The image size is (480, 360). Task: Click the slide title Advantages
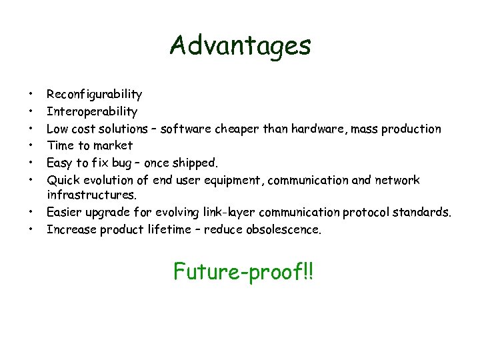click(x=240, y=45)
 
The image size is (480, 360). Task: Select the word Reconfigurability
click(x=94, y=95)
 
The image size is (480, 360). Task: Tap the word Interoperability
click(x=92, y=111)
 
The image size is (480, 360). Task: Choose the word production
click(x=411, y=129)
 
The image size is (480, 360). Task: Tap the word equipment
click(x=236, y=180)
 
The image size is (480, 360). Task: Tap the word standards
click(x=422, y=213)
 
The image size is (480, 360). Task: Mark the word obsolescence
click(x=284, y=230)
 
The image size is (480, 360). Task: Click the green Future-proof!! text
click(x=243, y=271)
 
